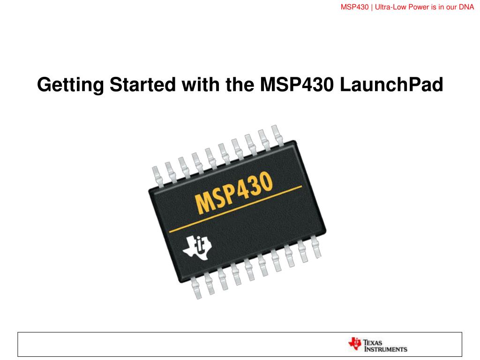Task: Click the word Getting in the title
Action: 70,85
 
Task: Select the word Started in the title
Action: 142,84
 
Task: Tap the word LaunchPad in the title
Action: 391,84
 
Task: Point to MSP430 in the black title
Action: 297,84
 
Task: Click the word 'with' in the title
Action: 201,84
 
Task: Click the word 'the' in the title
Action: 240,84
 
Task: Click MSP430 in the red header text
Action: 354,7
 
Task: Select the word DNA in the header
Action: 466,7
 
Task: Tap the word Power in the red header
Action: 419,7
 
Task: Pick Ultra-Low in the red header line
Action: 390,7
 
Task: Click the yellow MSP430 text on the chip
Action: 233,192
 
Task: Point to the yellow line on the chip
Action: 235,209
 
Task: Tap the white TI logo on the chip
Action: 197,247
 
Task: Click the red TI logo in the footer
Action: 355,344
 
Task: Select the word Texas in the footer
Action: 373,343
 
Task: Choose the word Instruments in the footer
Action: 386,349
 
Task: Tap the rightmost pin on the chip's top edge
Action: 277,135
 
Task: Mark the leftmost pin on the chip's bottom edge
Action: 196,287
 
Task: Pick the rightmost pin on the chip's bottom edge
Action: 316,247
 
